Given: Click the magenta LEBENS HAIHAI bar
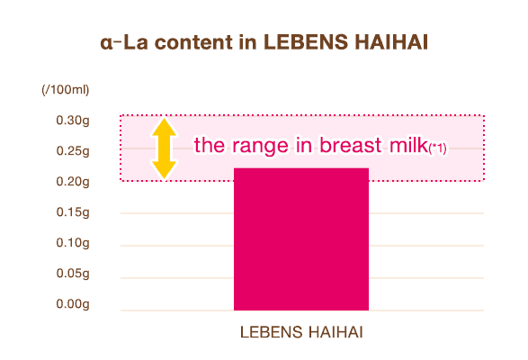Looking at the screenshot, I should (300, 239).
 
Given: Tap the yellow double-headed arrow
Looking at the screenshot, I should (163, 148).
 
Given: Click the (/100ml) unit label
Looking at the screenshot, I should (64, 90).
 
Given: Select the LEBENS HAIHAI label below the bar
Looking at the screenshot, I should (300, 333).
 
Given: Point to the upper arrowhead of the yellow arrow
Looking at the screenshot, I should (163, 126).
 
